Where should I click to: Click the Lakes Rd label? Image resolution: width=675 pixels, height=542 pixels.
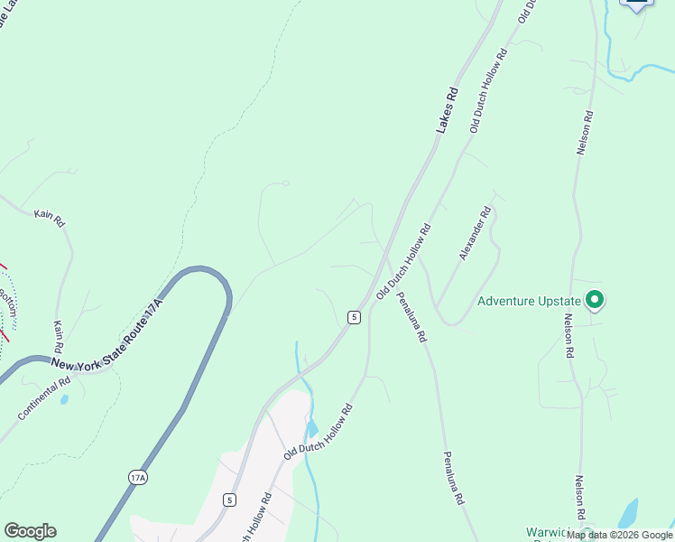448,111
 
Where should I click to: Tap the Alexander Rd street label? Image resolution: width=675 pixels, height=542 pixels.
475,234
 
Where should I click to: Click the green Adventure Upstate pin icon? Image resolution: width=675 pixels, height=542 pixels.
595,299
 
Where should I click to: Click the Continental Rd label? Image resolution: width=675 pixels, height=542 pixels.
42,398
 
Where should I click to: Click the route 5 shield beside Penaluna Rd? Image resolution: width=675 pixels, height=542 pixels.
354,317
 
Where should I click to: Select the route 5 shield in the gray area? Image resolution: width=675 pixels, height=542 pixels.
230,500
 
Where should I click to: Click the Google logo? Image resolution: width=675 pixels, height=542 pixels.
30,531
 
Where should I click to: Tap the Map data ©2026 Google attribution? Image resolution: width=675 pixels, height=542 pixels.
620,535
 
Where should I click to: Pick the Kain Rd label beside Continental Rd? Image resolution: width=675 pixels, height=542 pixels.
58,336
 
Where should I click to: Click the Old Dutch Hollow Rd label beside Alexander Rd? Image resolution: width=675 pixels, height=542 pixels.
404,263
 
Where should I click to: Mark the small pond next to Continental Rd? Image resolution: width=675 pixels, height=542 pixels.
64,398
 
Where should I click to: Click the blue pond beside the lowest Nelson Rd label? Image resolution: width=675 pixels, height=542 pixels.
628,513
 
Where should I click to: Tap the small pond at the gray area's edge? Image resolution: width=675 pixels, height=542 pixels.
312,428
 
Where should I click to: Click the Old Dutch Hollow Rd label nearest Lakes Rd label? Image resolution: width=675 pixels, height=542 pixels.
488,91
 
